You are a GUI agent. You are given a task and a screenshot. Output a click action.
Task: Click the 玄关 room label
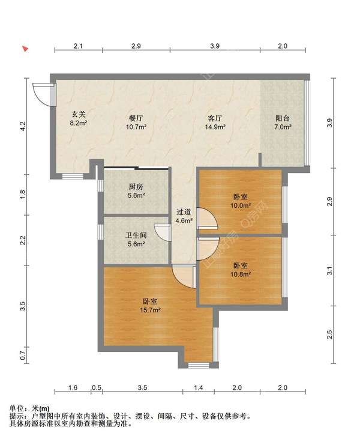tap(79, 114)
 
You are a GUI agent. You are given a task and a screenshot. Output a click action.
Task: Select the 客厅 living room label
tap(215, 118)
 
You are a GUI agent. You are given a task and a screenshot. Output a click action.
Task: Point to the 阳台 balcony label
tap(283, 118)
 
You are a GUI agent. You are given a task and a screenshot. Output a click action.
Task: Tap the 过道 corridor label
tap(184, 212)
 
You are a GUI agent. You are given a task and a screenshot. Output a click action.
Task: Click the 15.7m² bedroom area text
tap(151, 310)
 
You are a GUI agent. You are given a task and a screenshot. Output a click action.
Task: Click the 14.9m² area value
tap(215, 127)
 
